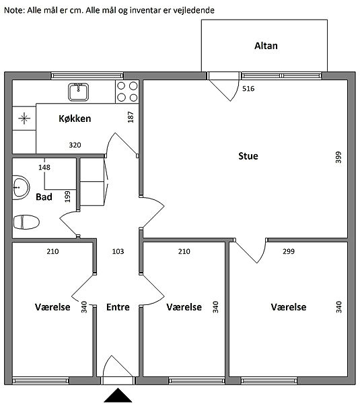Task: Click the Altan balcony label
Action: click(266, 46)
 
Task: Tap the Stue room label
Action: click(248, 156)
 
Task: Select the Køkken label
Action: click(75, 119)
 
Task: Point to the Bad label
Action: click(44, 197)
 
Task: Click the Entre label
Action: click(118, 307)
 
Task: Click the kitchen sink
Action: click(79, 92)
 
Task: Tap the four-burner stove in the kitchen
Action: click(127, 92)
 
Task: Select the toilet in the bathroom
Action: click(26, 222)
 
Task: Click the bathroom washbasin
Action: click(21, 188)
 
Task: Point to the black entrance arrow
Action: click(118, 395)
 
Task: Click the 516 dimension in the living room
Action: click(248, 89)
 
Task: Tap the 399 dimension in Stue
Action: click(338, 157)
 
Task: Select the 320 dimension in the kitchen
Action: click(75, 145)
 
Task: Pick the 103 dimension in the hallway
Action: click(118, 251)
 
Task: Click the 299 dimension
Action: click(289, 251)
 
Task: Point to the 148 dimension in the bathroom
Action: click(44, 168)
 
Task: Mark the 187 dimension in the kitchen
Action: click(131, 117)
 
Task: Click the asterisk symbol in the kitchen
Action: click(24, 119)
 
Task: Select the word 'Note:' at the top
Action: click(14, 10)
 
